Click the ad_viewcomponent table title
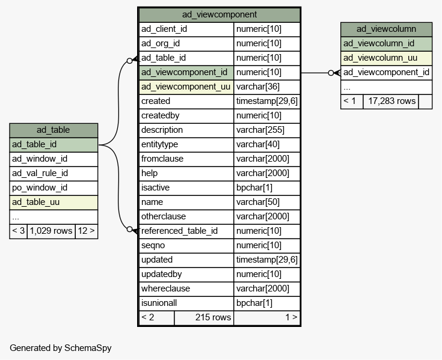coord(219,14)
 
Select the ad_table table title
coord(54,130)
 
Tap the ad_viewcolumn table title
coord(386,29)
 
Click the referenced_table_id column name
coord(179,231)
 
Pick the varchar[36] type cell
coord(257,87)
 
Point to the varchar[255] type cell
coord(260,130)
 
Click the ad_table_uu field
coord(35,202)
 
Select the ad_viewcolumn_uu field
coord(380,58)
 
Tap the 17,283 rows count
coord(392,101)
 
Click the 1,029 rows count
coord(51,231)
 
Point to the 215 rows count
coord(213,317)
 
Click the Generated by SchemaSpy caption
coord(61,348)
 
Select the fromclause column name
coord(162,159)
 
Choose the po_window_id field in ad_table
coord(40,188)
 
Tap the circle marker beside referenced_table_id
coord(129,230)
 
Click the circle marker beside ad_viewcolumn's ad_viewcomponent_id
coord(331,73)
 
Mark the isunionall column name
coord(159,303)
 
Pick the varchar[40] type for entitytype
coord(257,144)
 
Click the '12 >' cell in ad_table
coord(86,231)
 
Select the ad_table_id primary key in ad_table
coord(34,144)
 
